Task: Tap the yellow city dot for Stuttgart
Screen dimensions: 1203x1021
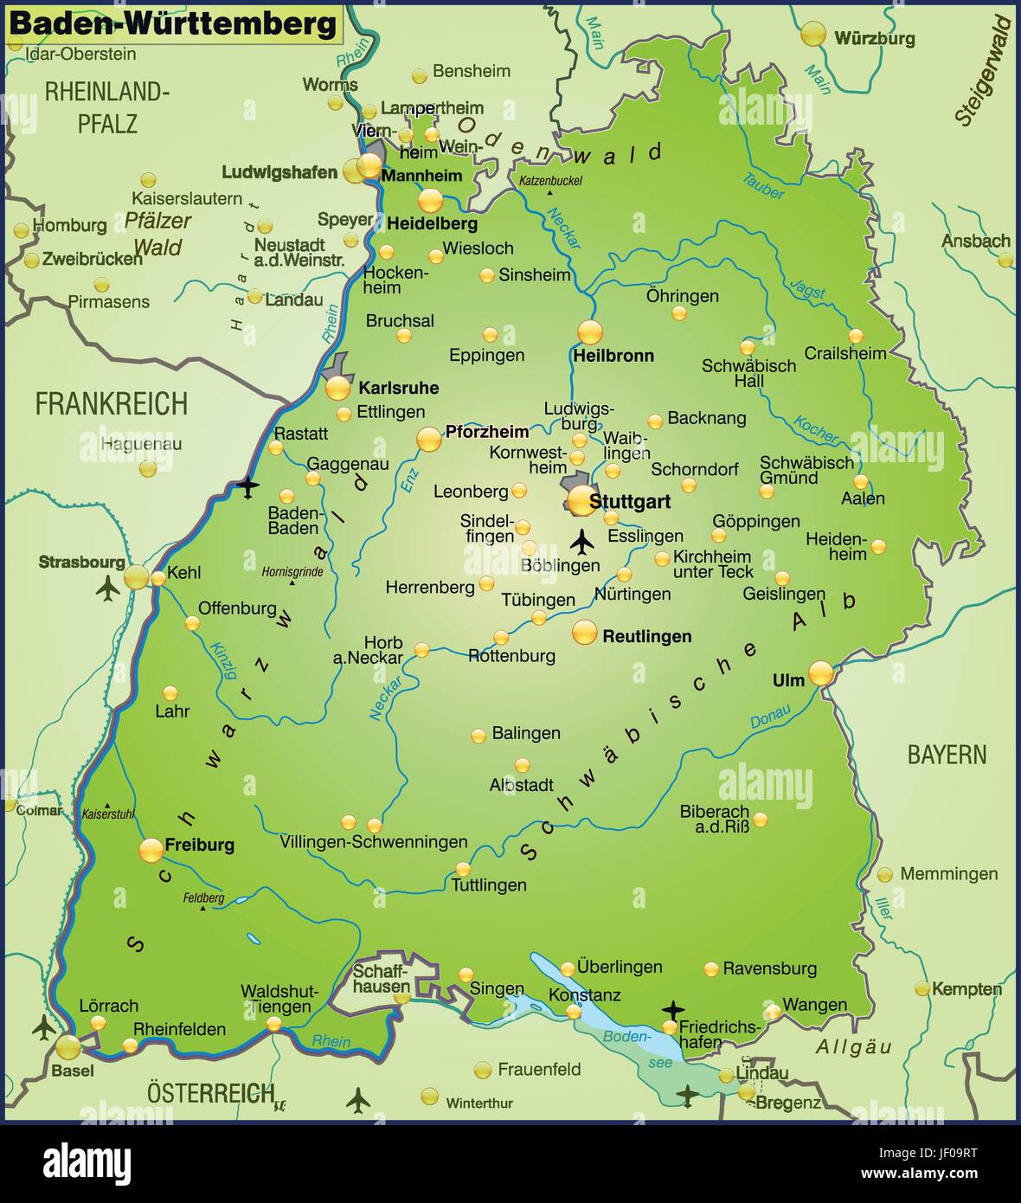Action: point(581,500)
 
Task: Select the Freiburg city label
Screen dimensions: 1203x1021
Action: point(199,846)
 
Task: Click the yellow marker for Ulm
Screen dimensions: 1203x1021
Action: point(820,672)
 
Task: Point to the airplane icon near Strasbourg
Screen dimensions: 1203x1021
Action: point(108,589)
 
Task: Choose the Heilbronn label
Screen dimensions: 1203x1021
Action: point(613,356)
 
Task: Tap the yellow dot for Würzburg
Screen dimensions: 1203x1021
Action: point(812,35)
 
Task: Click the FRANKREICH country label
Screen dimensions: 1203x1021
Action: point(111,404)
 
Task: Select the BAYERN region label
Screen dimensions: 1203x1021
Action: point(946,755)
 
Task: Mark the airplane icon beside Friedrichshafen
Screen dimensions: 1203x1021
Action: point(672,1009)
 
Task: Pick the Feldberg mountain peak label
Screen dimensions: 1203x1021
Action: point(203,898)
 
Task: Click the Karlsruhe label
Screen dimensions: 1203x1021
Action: point(398,388)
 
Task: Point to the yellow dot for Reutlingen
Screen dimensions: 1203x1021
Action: point(585,633)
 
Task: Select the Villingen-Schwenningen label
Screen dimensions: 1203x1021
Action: point(373,842)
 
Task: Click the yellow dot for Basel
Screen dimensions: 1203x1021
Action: point(68,1048)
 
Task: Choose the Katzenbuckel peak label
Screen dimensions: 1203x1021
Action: point(550,181)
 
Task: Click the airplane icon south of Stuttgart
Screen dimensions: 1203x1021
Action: point(582,543)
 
